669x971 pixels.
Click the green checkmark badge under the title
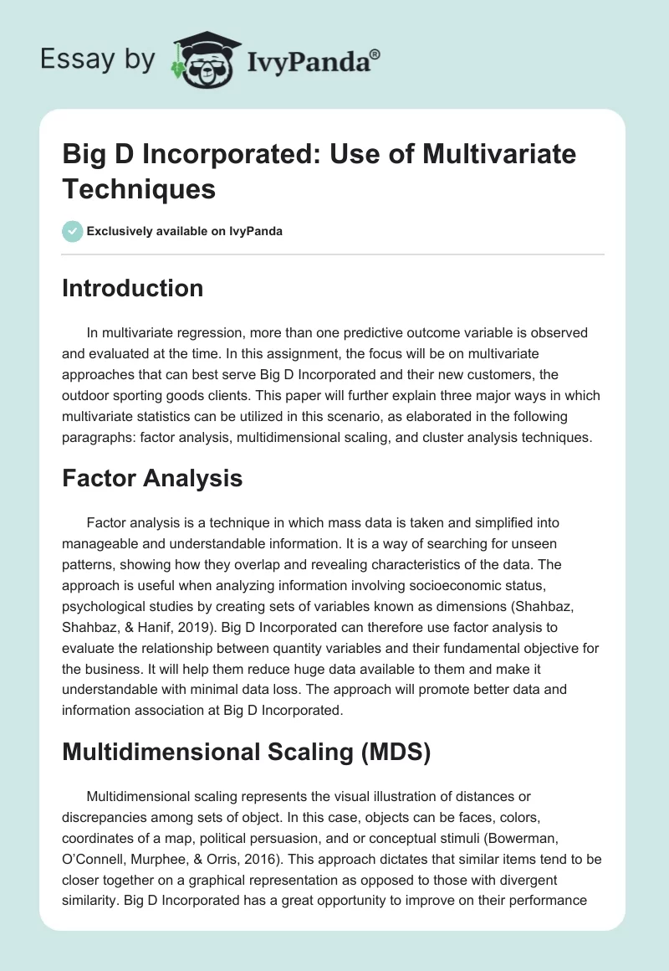(73, 231)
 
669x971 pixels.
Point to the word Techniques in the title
(139, 188)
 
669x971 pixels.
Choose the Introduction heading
(133, 288)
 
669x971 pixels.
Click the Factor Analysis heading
(152, 478)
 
